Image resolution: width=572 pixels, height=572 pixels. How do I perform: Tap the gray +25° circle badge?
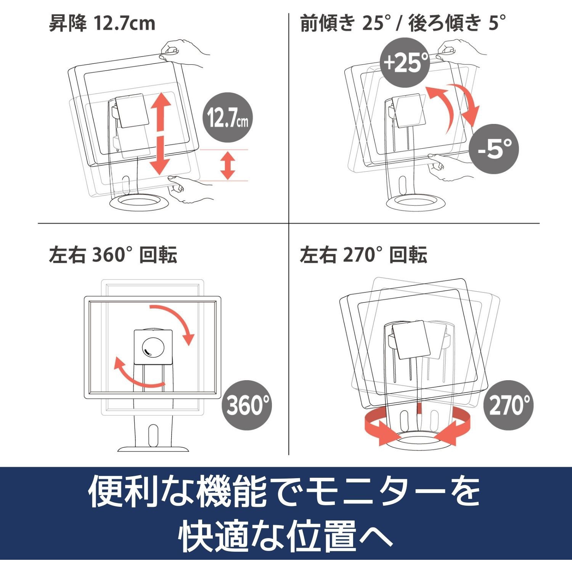tap(405, 63)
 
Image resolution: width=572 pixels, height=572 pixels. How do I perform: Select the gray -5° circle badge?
tap(494, 149)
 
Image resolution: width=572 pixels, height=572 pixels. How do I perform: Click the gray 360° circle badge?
tap(247, 405)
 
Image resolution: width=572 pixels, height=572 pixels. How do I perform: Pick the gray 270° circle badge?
tap(509, 405)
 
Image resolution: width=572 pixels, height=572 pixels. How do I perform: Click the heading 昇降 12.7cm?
tap(102, 23)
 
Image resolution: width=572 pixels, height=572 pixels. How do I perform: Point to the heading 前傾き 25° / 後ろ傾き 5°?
tap(403, 23)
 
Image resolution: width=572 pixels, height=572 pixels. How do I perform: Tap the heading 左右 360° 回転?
tap(113, 254)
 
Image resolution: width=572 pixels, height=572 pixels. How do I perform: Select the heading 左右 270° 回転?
tap(363, 254)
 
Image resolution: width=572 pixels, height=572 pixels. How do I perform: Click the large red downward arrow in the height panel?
tap(159, 155)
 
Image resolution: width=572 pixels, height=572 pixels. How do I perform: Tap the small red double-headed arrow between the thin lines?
tap(228, 165)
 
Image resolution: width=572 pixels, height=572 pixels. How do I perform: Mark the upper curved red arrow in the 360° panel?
tap(177, 318)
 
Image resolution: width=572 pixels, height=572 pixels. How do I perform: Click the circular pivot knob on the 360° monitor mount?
tap(153, 347)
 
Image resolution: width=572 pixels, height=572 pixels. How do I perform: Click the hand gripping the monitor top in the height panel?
tap(185, 53)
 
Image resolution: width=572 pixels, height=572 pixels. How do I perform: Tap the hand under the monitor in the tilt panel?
tap(452, 168)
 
